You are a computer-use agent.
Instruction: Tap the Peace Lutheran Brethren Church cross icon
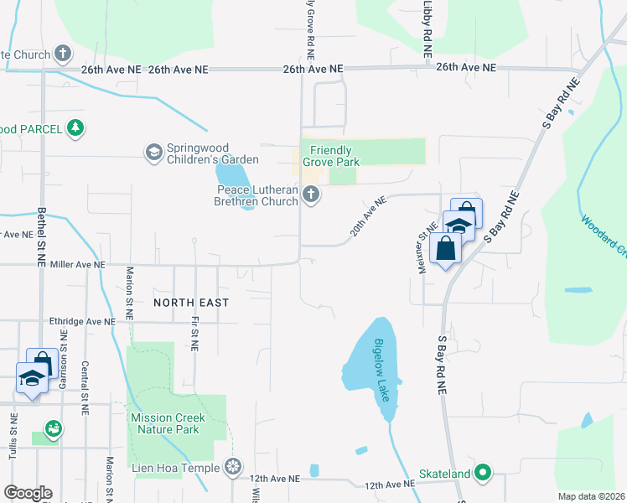pyautogui.click(x=311, y=195)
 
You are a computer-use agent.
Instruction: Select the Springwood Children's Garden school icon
pyautogui.click(x=153, y=152)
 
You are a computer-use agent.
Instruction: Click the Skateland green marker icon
pyautogui.click(x=482, y=474)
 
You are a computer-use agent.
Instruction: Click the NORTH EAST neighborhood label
pyautogui.click(x=191, y=301)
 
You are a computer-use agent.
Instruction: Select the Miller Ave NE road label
pyautogui.click(x=78, y=264)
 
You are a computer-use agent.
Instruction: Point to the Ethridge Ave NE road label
pyautogui.click(x=81, y=320)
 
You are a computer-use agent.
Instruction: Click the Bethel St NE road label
pyautogui.click(x=40, y=237)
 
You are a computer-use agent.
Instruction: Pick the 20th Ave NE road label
pyautogui.click(x=368, y=215)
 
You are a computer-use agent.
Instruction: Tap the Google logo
pyautogui.click(x=28, y=493)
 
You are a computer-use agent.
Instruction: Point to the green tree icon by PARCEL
pyautogui.click(x=76, y=127)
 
